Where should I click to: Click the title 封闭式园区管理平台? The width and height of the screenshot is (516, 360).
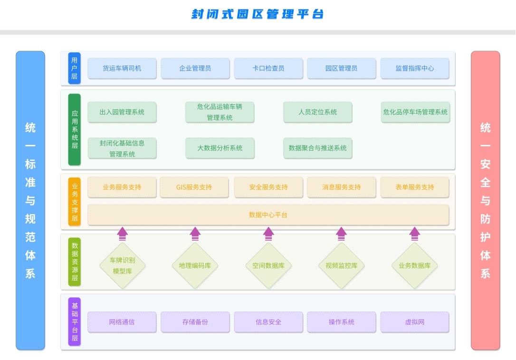pos(258,14)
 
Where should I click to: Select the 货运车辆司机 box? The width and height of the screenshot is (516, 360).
pos(122,68)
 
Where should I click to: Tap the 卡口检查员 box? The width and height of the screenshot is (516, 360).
pos(268,68)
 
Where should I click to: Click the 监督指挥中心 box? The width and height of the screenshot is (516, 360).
pos(414,68)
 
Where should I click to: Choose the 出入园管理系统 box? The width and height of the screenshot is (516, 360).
pos(122,113)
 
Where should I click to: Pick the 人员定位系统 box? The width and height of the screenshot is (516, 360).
pos(317,113)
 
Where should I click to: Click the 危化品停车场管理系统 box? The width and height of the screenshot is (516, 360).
pos(415,113)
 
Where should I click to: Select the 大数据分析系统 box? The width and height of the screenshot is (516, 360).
pos(220,148)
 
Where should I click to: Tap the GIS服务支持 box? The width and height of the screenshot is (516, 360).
pos(194,187)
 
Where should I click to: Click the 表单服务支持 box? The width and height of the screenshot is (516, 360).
pos(414,187)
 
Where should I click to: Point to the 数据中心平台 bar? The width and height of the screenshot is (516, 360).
pos(268,215)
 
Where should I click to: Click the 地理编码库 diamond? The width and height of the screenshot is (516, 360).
pos(195,265)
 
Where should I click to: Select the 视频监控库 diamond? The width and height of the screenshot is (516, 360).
pos(341,265)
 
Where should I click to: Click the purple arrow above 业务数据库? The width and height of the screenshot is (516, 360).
pos(414,233)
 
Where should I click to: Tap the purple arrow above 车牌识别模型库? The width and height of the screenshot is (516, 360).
pos(122,233)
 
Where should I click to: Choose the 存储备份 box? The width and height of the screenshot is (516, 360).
pos(195,322)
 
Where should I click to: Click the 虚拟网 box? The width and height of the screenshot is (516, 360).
pos(414,322)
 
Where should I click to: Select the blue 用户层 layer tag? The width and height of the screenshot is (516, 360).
pos(74,68)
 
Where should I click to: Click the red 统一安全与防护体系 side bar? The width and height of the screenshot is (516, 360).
pos(485,200)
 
